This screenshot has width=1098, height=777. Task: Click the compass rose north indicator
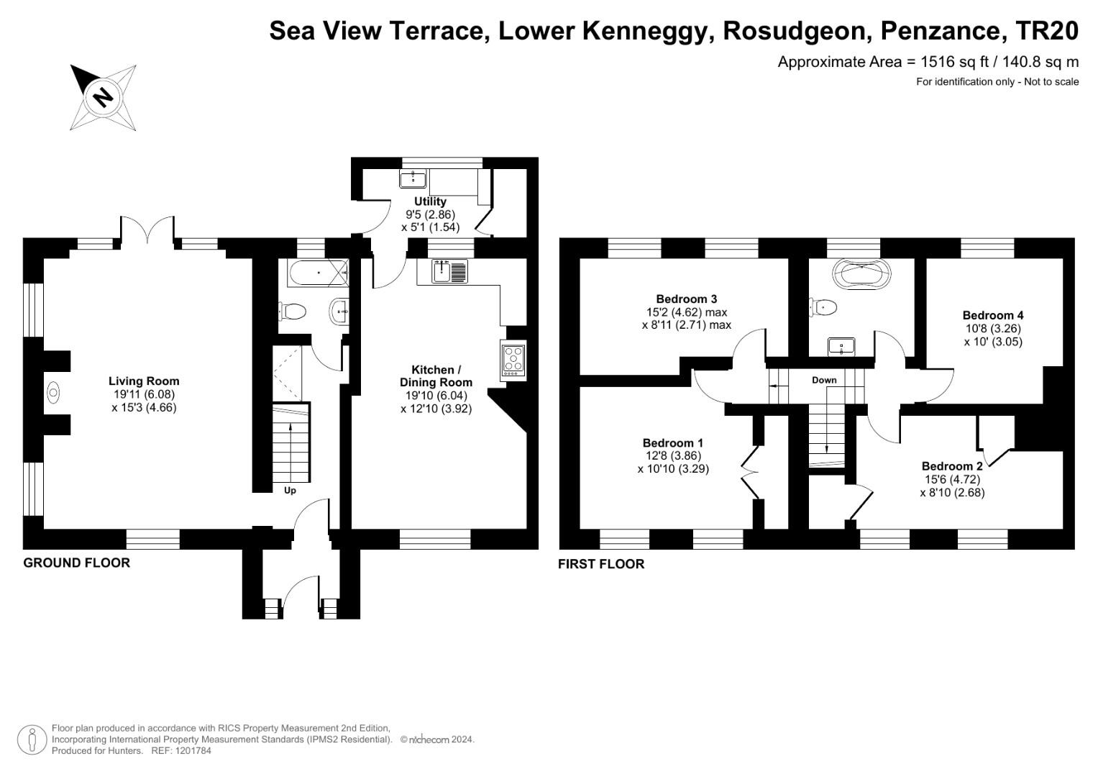103,97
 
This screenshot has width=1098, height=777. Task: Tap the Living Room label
144,381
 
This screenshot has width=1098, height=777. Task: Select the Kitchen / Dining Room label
436,376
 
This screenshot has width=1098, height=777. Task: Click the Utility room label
430,201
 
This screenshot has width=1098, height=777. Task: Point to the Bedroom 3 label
686,299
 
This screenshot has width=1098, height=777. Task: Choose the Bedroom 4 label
992,315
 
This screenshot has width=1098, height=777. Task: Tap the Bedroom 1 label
672,443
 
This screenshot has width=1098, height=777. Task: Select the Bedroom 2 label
951,466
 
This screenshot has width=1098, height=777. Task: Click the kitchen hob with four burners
513,359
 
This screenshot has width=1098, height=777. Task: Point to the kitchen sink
449,271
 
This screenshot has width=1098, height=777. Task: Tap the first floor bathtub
861,274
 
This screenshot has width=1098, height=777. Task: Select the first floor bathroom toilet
823,307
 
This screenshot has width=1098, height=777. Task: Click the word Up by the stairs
290,491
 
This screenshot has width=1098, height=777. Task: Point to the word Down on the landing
824,380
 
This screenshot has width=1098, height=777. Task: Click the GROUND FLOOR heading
77,563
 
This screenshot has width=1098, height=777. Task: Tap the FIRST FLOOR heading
601,564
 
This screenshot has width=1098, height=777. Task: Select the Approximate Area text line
928,62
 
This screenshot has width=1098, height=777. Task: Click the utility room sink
413,178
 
